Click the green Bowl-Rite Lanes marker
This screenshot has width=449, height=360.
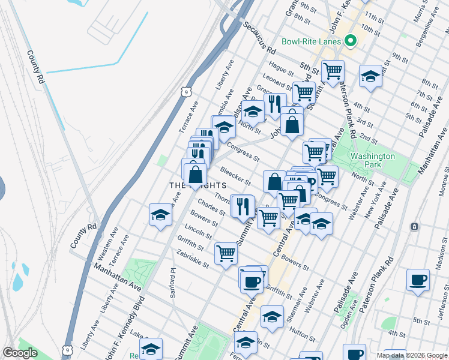pos(350,41)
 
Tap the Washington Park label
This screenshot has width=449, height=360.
pos(373,160)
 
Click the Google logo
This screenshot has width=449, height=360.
pos(20,353)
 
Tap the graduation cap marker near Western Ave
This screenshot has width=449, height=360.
pos(161,215)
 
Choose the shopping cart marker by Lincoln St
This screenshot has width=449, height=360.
pos(226,254)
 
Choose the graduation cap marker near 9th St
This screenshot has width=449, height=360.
pos(370,76)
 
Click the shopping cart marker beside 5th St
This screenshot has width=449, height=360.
pos(332,71)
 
